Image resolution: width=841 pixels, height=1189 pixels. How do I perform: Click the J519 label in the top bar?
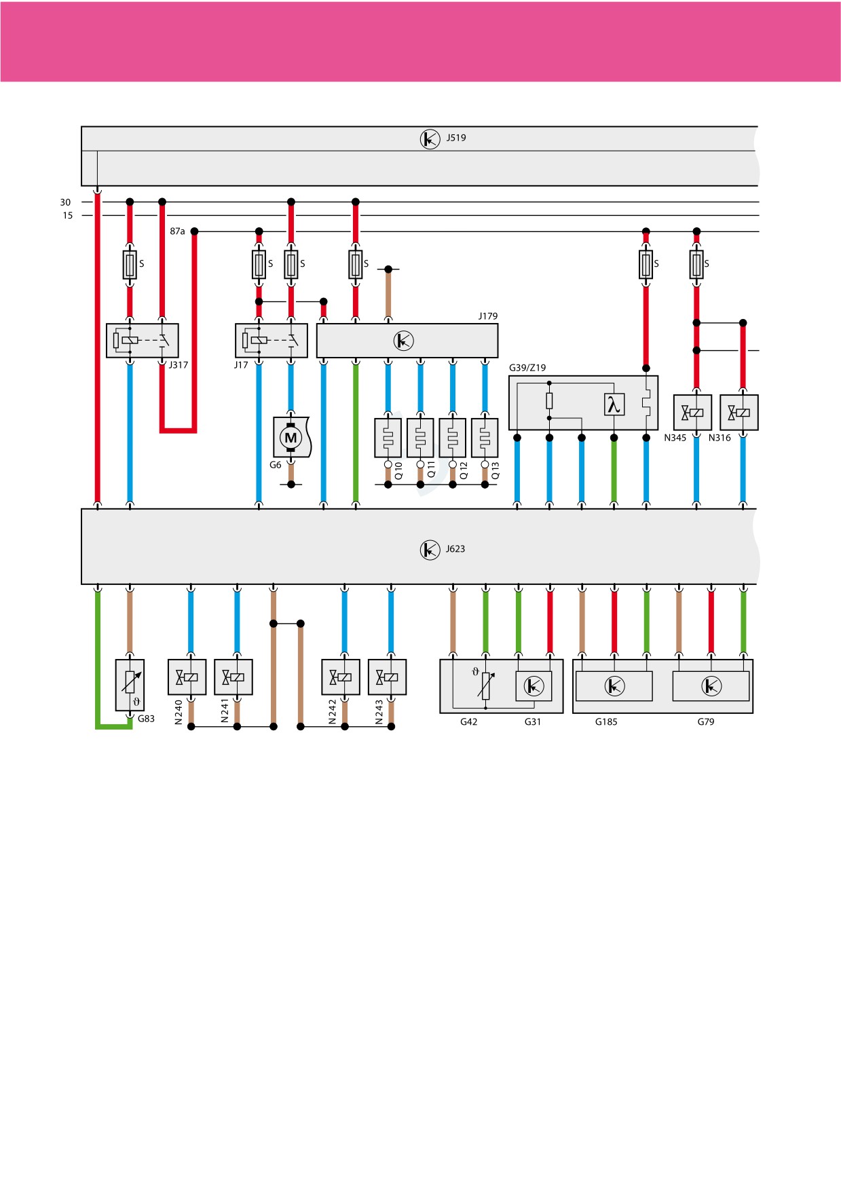[456, 138]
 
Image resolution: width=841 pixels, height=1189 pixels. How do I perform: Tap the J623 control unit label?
[455, 549]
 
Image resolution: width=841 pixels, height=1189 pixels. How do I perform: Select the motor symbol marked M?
[291, 438]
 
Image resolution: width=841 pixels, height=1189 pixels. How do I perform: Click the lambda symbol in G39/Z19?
[614, 405]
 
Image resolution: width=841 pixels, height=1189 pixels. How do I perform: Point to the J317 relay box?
[143, 341]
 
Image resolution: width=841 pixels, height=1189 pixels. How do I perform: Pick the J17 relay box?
[272, 341]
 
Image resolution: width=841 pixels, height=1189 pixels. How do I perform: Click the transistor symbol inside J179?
[404, 341]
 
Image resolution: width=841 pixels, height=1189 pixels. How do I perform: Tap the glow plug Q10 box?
[388, 438]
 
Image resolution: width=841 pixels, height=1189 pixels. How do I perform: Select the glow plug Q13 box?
[485, 438]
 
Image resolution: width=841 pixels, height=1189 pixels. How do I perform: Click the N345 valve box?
[693, 413]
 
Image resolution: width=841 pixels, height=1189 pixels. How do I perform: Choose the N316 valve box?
[739, 413]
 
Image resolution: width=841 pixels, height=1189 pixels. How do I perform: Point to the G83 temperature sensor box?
[130, 685]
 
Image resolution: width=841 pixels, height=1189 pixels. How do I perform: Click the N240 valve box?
[187, 677]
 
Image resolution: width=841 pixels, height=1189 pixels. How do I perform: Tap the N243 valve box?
[388, 677]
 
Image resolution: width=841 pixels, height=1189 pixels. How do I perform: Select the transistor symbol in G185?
[614, 687]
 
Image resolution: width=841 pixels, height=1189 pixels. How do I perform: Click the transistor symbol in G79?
[711, 687]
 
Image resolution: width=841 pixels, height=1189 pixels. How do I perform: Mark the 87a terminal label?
[177, 231]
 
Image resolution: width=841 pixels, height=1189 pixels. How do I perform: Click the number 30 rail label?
[65, 202]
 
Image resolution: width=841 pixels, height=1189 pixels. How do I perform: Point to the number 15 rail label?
[68, 216]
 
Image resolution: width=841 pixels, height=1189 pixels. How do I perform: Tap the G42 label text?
[469, 722]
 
